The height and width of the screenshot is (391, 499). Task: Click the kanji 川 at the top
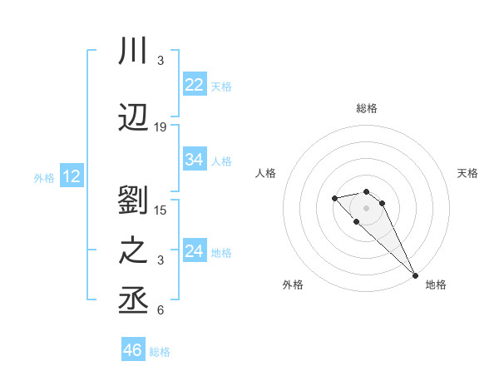click(134, 51)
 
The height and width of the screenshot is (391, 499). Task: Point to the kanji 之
click(134, 252)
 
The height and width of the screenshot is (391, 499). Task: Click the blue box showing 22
click(195, 85)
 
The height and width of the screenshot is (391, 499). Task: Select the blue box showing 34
click(195, 160)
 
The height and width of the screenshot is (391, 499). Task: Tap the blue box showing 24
click(195, 251)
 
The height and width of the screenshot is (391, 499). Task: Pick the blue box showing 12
click(72, 176)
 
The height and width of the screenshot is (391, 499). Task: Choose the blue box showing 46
click(133, 350)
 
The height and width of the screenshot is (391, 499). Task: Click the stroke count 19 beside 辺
click(161, 127)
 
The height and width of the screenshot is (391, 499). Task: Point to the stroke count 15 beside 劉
click(161, 210)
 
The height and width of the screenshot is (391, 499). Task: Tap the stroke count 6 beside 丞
click(161, 310)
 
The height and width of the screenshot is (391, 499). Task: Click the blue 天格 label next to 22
click(221, 86)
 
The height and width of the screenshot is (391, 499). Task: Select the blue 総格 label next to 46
click(160, 352)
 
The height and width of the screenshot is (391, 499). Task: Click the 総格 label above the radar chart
click(367, 108)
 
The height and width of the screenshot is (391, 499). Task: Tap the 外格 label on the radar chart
click(293, 285)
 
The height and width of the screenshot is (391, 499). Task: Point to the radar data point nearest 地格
click(415, 275)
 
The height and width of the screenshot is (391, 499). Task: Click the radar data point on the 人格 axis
click(334, 198)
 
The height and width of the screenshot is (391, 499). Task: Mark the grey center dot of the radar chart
click(367, 207)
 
